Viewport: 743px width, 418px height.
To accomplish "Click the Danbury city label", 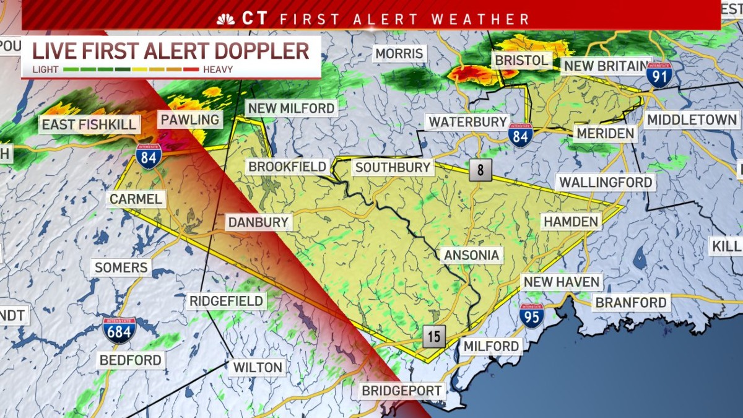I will pos(258,222).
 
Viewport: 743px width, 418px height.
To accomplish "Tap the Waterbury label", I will pos(468,121).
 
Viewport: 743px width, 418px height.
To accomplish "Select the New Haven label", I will pos(561,282).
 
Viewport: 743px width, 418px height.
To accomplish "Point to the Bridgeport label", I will pos(402,391).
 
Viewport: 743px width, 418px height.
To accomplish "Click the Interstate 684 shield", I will pos(119,331).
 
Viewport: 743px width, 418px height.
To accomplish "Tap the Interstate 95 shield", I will pos(532,315).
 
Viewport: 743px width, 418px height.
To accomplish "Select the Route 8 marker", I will pos(480,170).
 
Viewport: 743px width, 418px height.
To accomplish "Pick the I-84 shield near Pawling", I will pos(149,156).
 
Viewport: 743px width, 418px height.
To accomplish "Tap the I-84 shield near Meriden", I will pos(520,134).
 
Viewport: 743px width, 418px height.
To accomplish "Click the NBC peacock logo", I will pos(225,19).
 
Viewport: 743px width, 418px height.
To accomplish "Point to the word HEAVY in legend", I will pos(218,69).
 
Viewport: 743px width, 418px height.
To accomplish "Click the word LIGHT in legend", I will pos(46,69).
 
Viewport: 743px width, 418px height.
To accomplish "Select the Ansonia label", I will pos(471,255).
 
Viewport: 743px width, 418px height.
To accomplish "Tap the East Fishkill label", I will pos(89,124).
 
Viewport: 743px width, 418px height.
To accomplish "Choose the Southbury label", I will pos(393,167).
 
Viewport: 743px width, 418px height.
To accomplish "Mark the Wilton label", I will pos(258,367).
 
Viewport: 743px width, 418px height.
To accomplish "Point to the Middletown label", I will pos(692,120).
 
